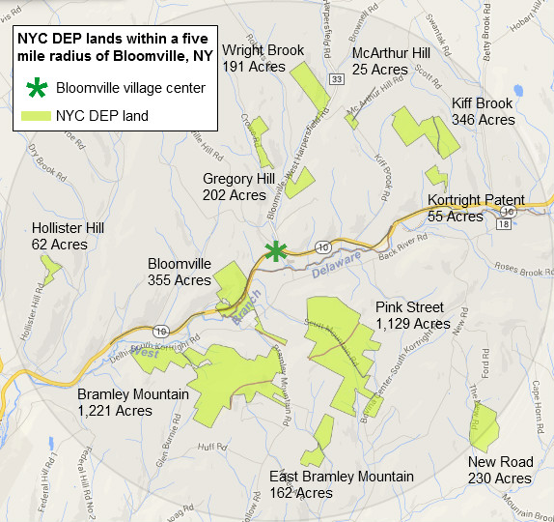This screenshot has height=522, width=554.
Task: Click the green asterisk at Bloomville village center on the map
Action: click(276, 251)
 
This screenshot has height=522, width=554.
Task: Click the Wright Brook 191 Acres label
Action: click(263, 58)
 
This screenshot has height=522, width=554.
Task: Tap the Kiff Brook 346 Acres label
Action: click(483, 111)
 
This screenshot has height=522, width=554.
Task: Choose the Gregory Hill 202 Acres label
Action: click(238, 187)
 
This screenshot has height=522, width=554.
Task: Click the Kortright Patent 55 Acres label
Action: click(468, 208)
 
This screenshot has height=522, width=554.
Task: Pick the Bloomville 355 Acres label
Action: click(179, 272)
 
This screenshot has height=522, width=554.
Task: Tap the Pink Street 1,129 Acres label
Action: click(412, 315)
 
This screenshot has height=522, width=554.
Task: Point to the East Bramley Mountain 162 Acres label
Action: click(342, 484)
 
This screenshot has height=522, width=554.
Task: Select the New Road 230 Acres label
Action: click(499, 470)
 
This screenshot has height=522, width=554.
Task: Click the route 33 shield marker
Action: click(335, 78)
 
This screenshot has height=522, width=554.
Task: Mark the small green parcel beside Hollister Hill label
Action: click(51, 272)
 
